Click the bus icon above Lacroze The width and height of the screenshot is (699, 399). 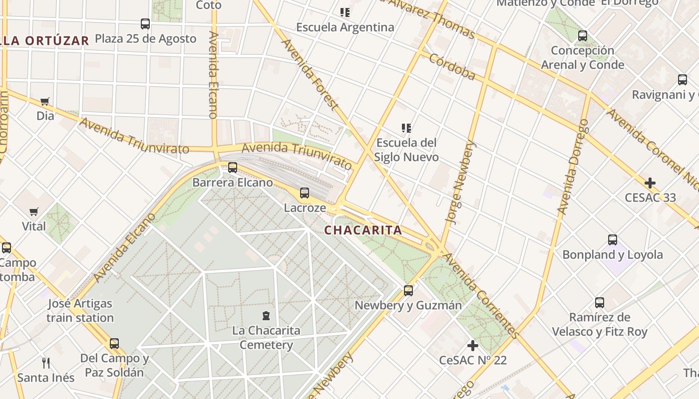[305, 193]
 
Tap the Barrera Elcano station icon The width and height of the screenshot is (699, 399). [233, 168]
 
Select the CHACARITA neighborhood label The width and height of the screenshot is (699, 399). [363, 230]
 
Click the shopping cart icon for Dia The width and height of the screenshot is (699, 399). [45, 102]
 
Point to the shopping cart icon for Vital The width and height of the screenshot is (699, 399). [34, 212]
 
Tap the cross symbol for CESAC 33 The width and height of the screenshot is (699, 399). [650, 183]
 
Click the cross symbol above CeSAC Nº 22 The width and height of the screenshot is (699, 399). [473, 345]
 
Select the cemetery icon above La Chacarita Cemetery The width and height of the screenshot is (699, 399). [266, 316]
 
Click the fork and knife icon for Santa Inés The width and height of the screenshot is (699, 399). [46, 363]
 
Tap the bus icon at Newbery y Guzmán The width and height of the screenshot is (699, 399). [408, 290]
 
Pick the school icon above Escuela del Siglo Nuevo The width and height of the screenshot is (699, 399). [407, 128]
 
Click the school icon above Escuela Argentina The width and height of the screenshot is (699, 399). [345, 12]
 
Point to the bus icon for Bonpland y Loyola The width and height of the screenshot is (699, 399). [613, 240]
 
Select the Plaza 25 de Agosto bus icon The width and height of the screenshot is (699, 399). [145, 24]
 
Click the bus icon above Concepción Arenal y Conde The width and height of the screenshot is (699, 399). [583, 36]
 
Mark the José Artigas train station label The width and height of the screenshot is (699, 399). [80, 310]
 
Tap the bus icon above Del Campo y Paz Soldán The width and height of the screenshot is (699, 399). [114, 344]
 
